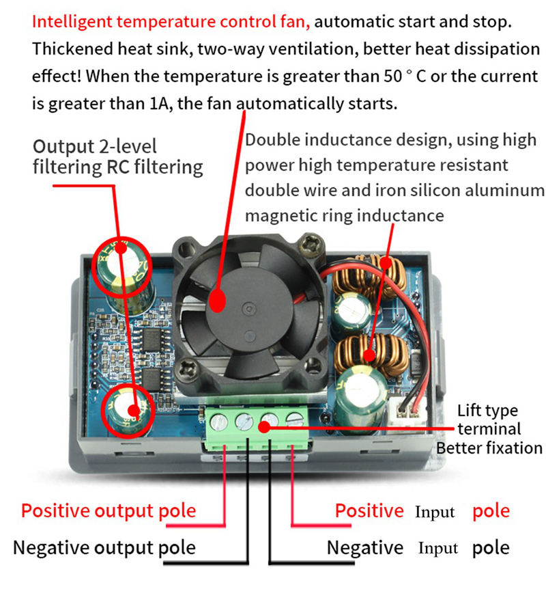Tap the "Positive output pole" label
(x=109, y=511)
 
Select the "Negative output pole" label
(x=104, y=548)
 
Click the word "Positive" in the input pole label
(x=369, y=511)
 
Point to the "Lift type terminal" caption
(x=489, y=420)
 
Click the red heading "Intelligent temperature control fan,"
(x=171, y=22)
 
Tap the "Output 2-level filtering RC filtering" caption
(x=117, y=157)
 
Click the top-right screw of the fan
(x=311, y=245)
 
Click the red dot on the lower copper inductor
(x=369, y=355)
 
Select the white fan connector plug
(x=408, y=410)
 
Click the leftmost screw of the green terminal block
(x=219, y=422)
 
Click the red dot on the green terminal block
(x=264, y=427)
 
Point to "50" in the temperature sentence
(x=392, y=77)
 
